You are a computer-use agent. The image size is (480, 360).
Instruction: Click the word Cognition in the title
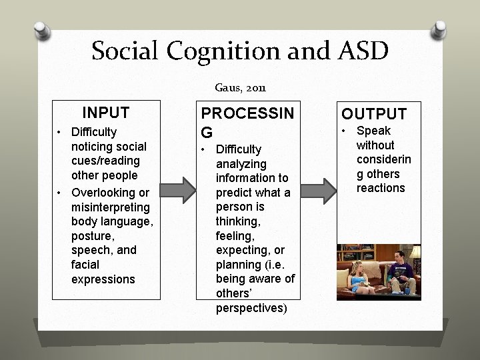pos(227,51)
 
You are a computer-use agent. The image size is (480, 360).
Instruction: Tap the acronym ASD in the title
pos(358,51)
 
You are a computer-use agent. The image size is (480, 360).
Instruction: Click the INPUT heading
pos(105,113)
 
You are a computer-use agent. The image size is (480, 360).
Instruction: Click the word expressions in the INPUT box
pos(103,279)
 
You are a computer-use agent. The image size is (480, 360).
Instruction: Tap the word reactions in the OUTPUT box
pos(381,188)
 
